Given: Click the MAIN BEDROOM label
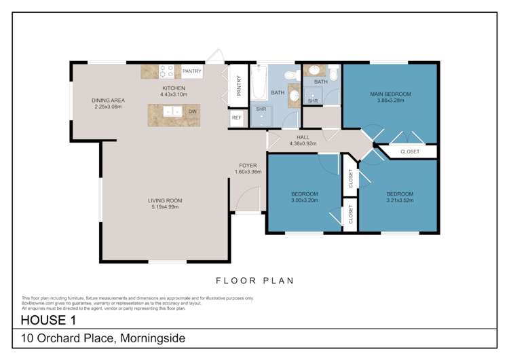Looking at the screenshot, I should (x=390, y=94).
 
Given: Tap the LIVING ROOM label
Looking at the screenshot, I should (x=166, y=200).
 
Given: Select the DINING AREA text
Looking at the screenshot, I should (x=109, y=101).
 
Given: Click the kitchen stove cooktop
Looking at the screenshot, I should (x=167, y=71).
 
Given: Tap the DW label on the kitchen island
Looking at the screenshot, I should (x=193, y=111).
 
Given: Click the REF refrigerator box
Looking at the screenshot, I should (x=237, y=118).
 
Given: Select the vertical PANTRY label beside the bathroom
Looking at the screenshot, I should (x=239, y=86).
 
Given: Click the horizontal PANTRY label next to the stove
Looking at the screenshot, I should (x=192, y=71).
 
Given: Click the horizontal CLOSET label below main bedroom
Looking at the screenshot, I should (x=410, y=151).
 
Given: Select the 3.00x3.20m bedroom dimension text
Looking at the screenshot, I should (x=305, y=200).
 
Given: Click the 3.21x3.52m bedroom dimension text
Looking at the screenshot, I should (x=400, y=200).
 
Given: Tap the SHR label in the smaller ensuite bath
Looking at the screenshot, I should (x=313, y=101).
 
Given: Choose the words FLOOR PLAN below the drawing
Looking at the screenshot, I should (x=254, y=279).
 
